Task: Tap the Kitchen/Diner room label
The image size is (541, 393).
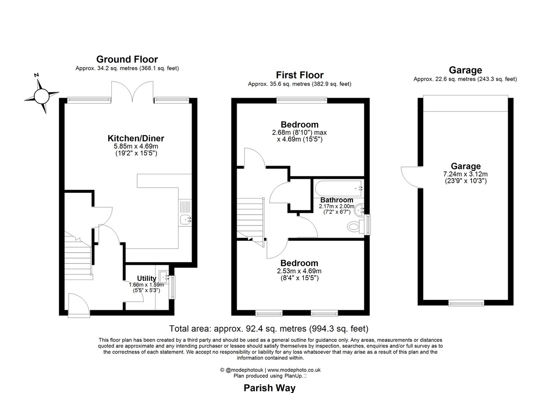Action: [136, 138]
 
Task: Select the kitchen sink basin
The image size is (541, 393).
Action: [186, 220]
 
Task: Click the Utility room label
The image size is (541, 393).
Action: [147, 278]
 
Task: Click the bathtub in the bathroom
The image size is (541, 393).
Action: [339, 189]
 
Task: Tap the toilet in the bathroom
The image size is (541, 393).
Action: [355, 226]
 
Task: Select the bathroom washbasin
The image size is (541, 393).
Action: [359, 210]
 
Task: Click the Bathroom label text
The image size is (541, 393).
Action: [337, 200]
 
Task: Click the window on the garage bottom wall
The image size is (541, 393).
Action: [466, 303]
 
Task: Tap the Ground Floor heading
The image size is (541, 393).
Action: [127, 59]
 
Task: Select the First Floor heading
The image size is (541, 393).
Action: [299, 75]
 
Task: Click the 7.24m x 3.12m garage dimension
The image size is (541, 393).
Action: [465, 174]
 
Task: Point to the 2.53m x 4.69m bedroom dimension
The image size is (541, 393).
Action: [299, 271]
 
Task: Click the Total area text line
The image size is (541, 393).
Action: [269, 329]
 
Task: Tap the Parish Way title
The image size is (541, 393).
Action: [270, 388]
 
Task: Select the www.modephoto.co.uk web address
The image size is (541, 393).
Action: [294, 370]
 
